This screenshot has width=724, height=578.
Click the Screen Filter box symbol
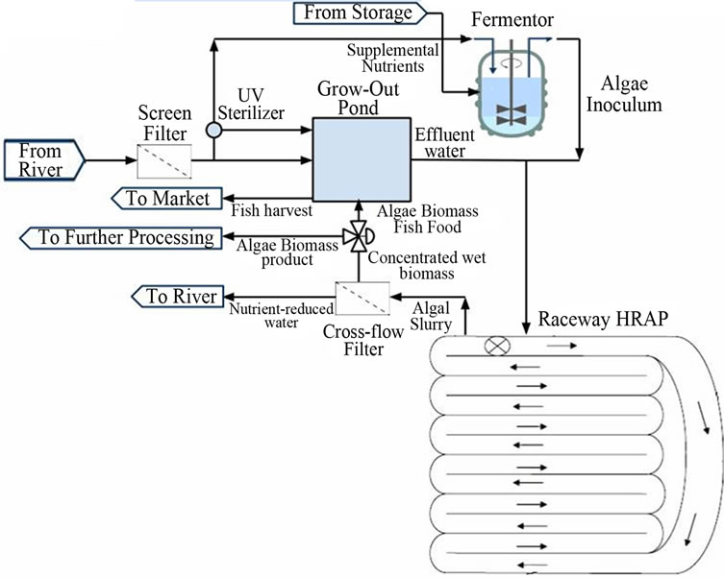tap(164, 159)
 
